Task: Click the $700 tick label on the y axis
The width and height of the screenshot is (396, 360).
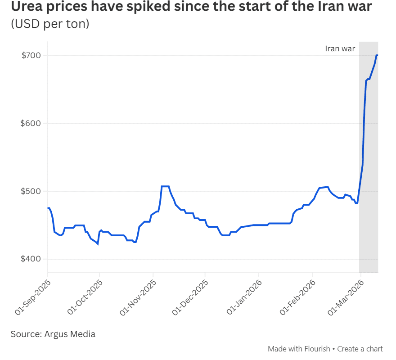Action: (x=30, y=55)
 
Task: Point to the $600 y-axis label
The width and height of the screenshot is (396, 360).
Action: (x=30, y=123)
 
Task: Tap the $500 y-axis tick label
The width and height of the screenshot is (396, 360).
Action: (x=30, y=191)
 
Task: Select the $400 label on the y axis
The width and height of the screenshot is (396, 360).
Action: (x=30, y=259)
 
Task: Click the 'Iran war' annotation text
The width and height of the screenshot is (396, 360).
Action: (x=340, y=49)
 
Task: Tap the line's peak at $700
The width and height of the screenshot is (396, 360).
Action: (x=377, y=55)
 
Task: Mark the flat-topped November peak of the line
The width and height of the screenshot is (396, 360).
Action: (x=165, y=186)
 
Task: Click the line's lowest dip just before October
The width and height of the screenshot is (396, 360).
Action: (x=98, y=244)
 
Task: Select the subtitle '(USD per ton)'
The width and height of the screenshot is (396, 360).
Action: (x=50, y=24)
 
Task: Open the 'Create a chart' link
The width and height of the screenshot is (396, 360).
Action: (x=360, y=349)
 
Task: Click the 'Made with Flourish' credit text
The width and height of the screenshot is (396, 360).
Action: (x=299, y=349)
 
